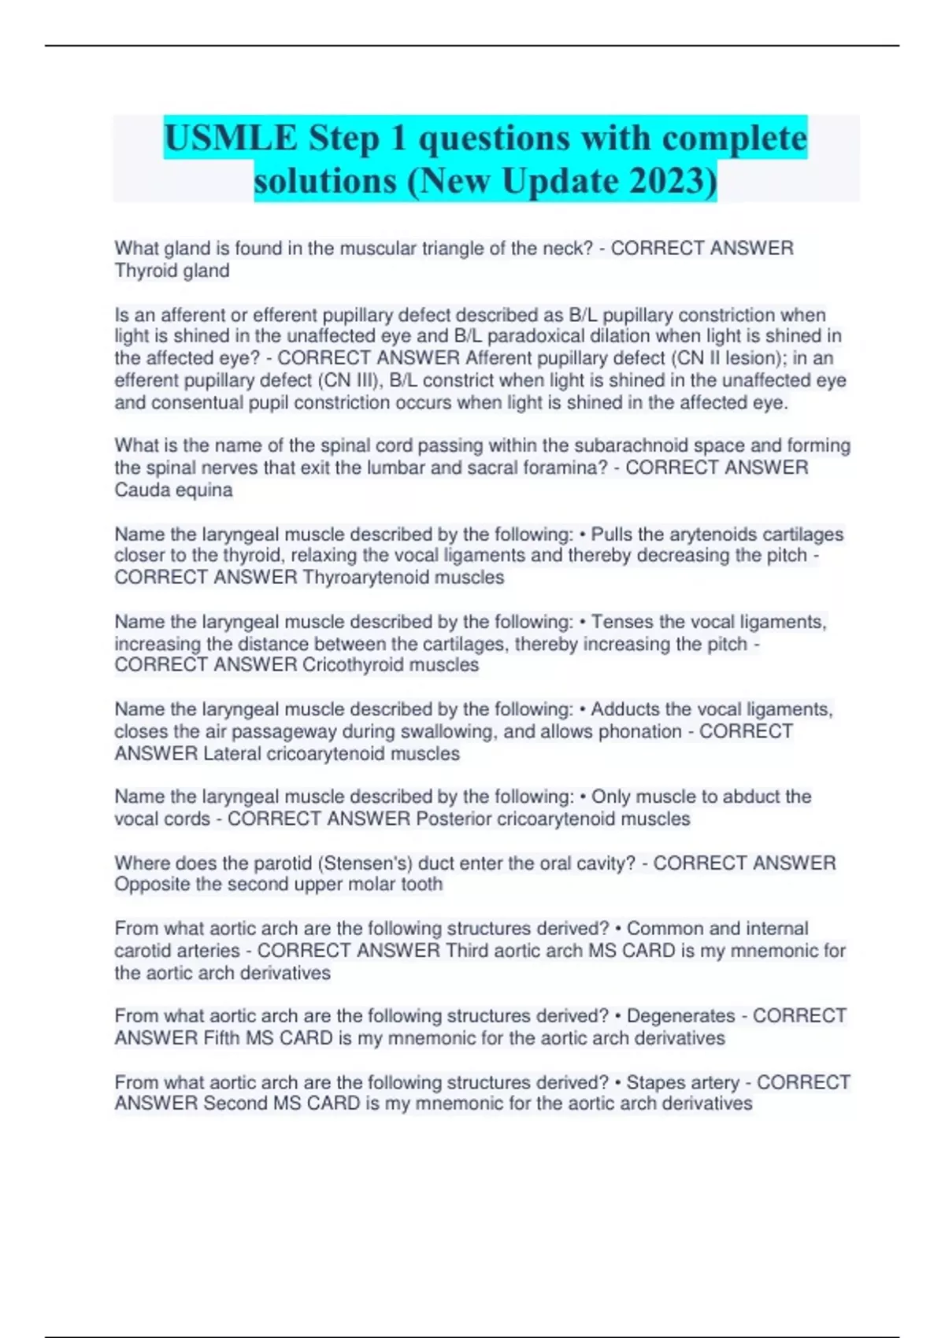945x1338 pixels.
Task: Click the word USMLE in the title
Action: (231, 139)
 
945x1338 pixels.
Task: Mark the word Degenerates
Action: (680, 1016)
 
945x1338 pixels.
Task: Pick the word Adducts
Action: (627, 709)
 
